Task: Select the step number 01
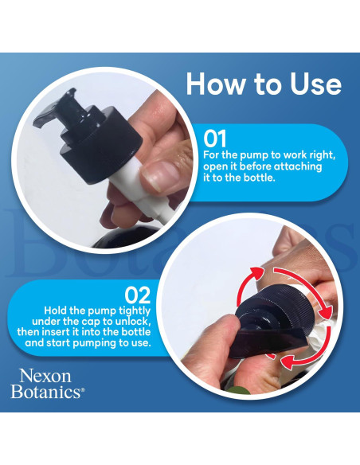click(215, 139)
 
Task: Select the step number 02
click(137, 295)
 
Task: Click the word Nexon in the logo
click(45, 376)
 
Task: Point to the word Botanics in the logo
click(45, 392)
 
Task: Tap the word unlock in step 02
click(131, 322)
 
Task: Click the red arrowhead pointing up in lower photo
click(256, 272)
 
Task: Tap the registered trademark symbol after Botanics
click(83, 389)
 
